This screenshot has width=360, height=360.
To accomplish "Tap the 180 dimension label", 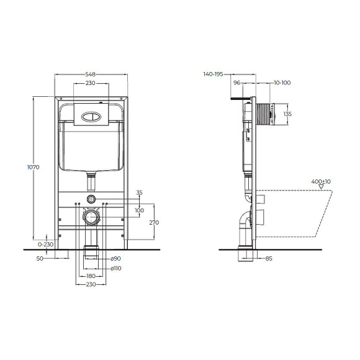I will click(x=91, y=275).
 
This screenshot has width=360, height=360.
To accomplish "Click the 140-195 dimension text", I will click(x=214, y=74).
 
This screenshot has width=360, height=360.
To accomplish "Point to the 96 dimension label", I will click(x=237, y=82).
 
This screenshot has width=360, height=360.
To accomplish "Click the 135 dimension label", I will click(x=287, y=114).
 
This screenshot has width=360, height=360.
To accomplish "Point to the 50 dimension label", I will click(x=39, y=259).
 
